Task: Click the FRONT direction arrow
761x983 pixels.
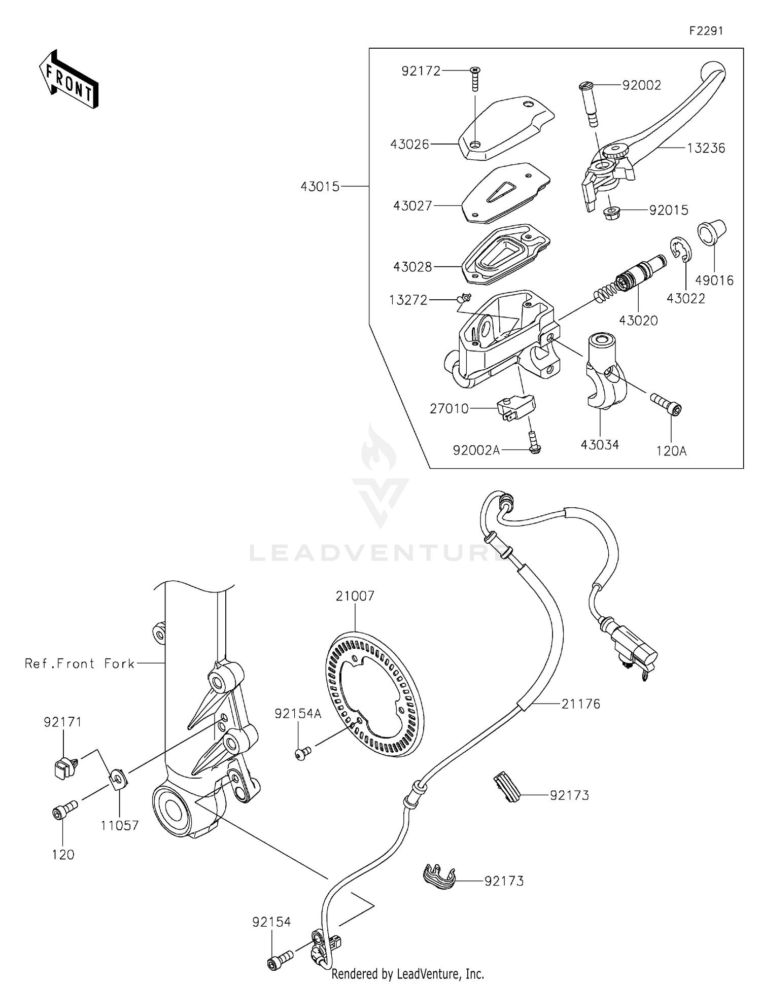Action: (x=69, y=80)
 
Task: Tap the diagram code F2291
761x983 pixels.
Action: (x=706, y=31)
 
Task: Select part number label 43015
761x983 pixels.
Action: (x=320, y=187)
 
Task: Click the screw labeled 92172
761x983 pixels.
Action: (x=475, y=79)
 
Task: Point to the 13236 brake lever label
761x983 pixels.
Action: (x=706, y=148)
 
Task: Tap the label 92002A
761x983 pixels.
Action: (x=476, y=450)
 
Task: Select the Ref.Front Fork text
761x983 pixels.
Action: (x=80, y=663)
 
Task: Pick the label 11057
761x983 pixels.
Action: (x=119, y=825)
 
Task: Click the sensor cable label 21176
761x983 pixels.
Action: (x=580, y=704)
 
